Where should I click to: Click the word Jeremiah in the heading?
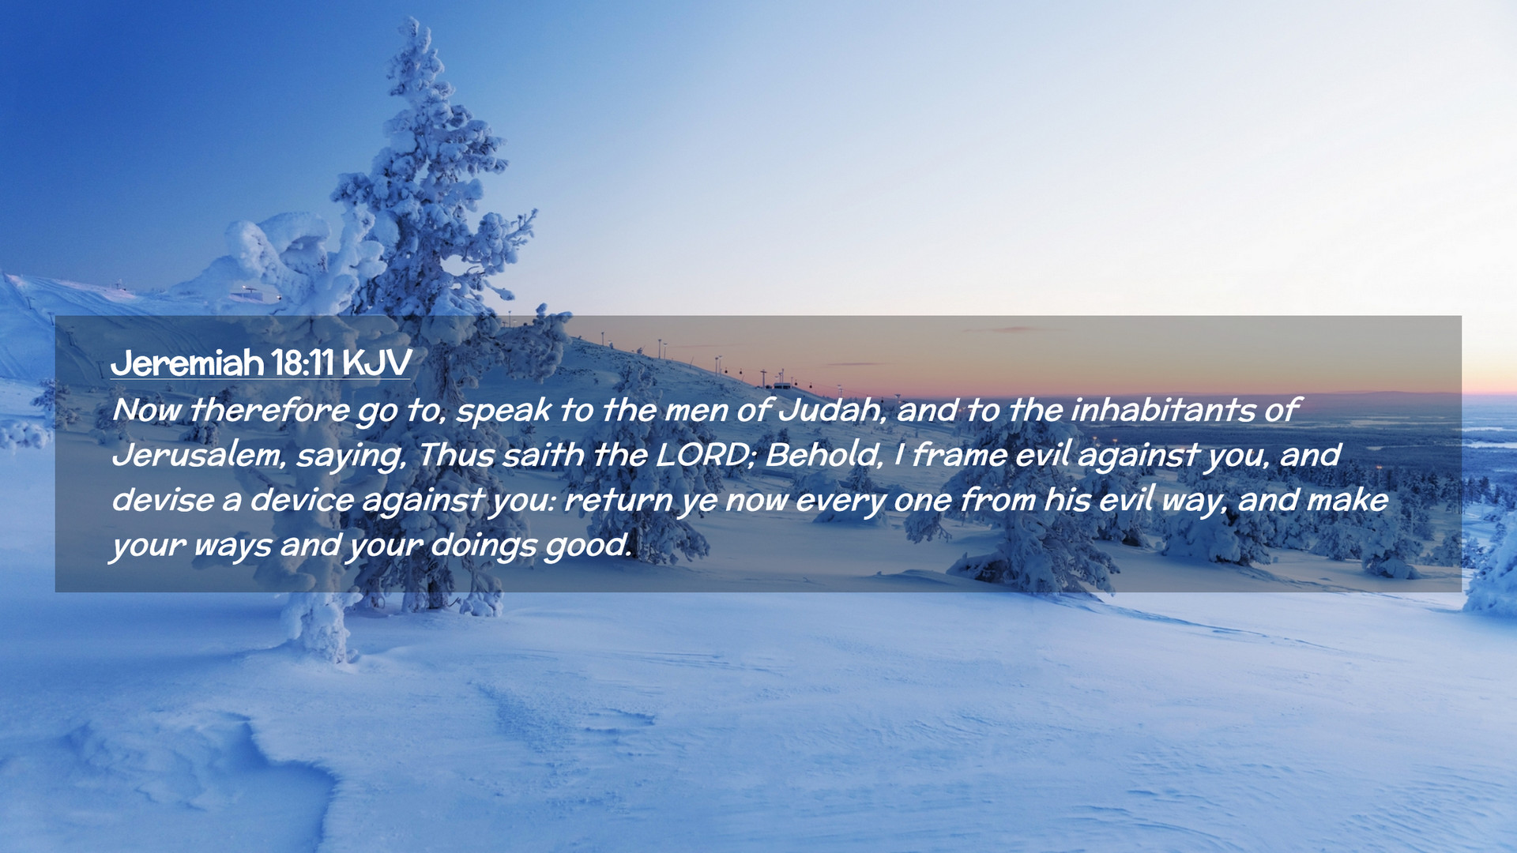(x=187, y=363)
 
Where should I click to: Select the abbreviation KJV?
(x=377, y=363)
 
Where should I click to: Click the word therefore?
(x=269, y=410)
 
